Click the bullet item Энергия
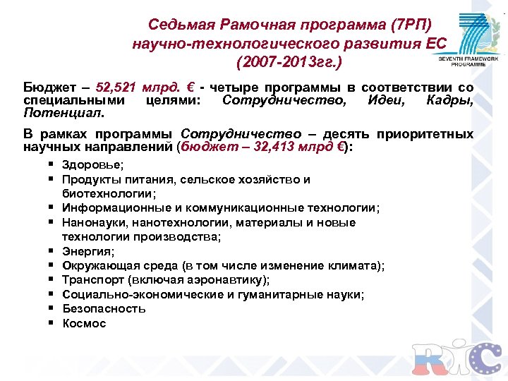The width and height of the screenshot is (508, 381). (88, 250)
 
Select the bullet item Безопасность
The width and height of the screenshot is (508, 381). (104, 308)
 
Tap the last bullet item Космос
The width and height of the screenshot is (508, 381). (84, 323)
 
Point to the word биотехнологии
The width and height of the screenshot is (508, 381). (108, 193)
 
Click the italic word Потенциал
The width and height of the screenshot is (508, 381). (62, 111)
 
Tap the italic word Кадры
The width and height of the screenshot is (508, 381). (449, 99)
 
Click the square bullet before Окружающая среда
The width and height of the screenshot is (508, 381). (53, 265)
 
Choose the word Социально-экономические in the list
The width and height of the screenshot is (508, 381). (135, 294)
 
